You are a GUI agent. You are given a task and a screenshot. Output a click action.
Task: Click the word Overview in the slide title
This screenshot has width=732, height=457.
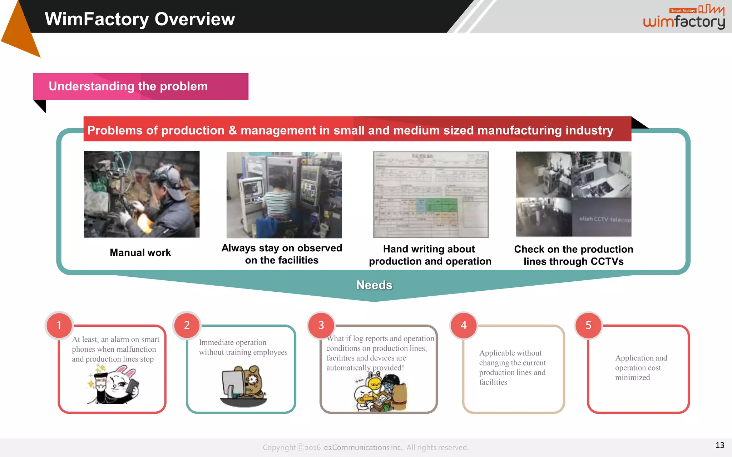point(194,19)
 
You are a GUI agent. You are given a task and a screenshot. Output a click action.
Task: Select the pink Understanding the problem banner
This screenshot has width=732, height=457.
point(140,86)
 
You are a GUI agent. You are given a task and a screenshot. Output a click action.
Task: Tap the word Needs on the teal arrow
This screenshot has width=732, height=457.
point(374,285)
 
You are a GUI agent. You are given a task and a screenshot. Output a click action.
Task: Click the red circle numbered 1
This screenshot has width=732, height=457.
point(59,325)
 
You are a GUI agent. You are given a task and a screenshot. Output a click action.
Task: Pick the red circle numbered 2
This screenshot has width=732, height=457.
point(187,325)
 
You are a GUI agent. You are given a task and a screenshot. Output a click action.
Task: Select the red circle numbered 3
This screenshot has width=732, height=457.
point(321,325)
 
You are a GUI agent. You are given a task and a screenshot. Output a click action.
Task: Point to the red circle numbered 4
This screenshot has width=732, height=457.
point(464,325)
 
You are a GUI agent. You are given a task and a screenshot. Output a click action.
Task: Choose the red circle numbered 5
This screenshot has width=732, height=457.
point(588,325)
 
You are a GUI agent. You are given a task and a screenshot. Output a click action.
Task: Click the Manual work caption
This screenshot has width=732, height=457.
point(140,252)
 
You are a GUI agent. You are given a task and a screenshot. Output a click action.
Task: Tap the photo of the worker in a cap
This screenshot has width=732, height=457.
point(142,194)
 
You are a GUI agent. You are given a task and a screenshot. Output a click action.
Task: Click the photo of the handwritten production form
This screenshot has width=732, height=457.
point(431,195)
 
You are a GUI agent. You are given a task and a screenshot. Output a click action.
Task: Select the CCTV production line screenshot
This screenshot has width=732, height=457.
point(574,194)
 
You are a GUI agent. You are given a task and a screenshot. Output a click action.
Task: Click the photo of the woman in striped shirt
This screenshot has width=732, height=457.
point(284,195)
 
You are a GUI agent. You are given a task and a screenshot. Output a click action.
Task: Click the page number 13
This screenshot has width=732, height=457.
point(719,445)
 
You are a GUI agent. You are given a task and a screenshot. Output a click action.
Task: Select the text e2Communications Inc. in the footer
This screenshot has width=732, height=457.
point(363,447)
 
